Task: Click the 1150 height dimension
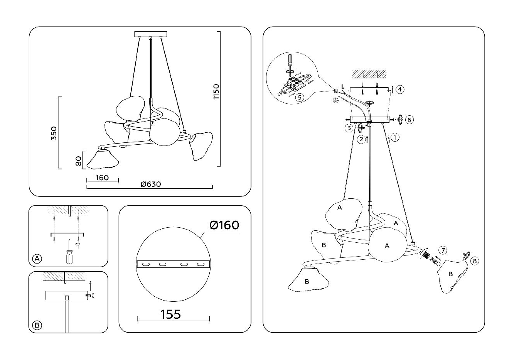[x=216, y=92]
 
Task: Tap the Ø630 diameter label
[x=151, y=184]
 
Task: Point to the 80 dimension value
[x=78, y=161]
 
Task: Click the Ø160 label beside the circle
[x=224, y=225]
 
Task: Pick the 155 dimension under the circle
[x=170, y=314]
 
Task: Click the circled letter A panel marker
[x=37, y=259]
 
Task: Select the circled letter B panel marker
[x=37, y=325]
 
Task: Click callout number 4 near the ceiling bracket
[x=400, y=90]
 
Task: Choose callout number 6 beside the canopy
[x=410, y=120]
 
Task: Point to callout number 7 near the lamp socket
[x=443, y=250]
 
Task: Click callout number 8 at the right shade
[x=474, y=261]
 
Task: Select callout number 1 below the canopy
[x=395, y=137]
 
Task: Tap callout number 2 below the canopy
[x=361, y=139]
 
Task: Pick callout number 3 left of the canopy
[x=349, y=128]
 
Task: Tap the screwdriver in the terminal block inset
[x=290, y=61]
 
